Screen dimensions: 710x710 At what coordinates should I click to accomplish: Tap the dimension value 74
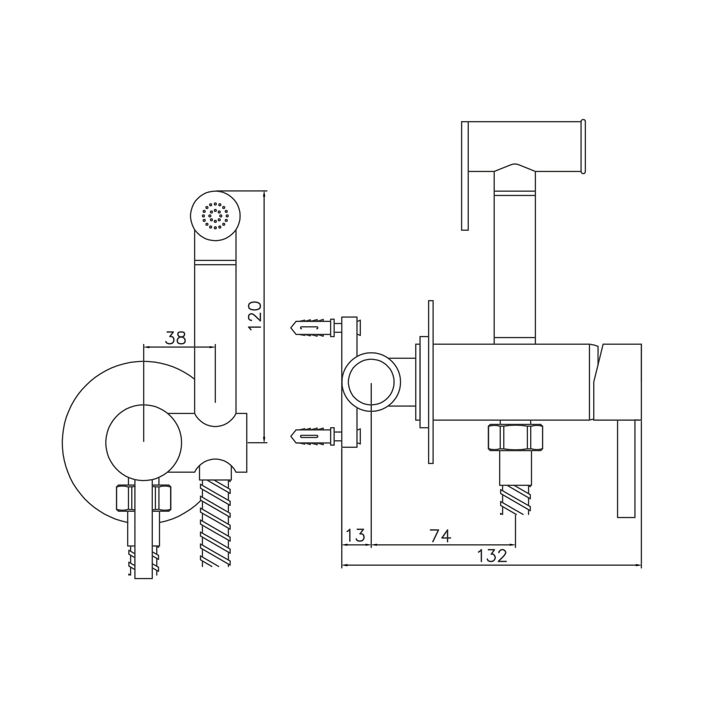(441, 536)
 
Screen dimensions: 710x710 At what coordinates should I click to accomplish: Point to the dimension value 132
(492, 556)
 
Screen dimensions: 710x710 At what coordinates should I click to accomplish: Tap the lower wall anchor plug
(312, 436)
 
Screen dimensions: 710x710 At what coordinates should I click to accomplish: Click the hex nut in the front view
(144, 498)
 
